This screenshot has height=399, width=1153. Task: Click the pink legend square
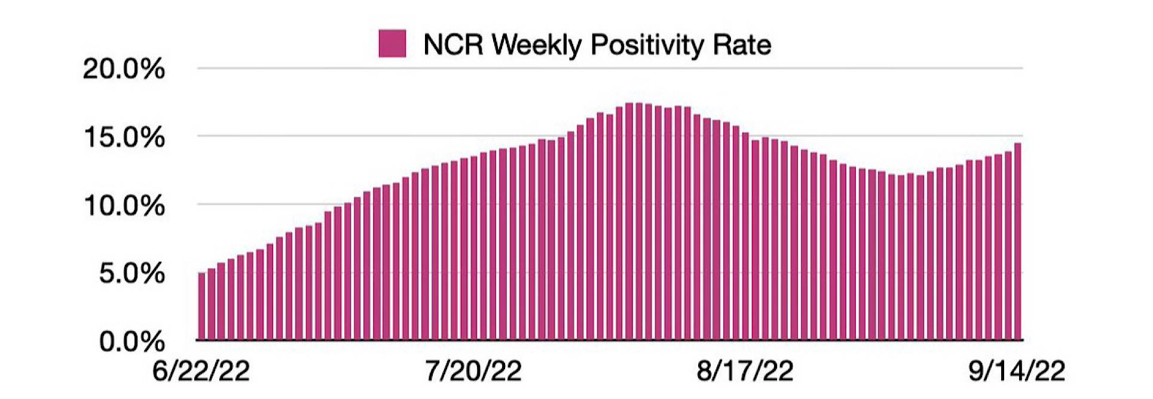392,44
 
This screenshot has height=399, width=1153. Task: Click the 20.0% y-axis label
124,69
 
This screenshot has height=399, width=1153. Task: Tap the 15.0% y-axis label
124,138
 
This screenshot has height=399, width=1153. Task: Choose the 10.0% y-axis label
124,206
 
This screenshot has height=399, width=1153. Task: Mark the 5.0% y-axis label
131,274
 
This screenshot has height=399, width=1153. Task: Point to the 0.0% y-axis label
131,342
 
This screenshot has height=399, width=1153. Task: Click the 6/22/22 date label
201,371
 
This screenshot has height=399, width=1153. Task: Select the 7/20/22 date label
473,371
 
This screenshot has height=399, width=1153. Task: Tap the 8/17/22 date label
745,371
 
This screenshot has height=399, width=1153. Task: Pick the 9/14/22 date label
1017,371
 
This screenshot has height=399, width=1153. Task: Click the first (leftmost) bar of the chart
201,306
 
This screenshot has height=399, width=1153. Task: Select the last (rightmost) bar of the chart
1018,242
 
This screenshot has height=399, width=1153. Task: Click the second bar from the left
211,304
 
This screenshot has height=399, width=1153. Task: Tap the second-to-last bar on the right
1008,246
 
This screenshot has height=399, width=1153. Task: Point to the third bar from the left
221,301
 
